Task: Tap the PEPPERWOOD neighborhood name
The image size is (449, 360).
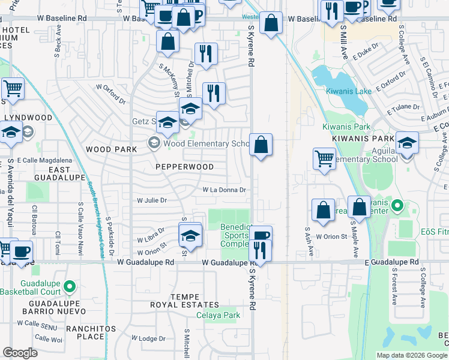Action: [185, 166]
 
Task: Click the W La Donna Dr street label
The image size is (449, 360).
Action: [225, 190]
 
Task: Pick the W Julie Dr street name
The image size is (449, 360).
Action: [151, 200]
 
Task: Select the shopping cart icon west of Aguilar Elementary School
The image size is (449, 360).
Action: [324, 158]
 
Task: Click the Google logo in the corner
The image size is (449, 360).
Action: [20, 353]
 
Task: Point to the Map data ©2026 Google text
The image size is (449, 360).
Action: [411, 355]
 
